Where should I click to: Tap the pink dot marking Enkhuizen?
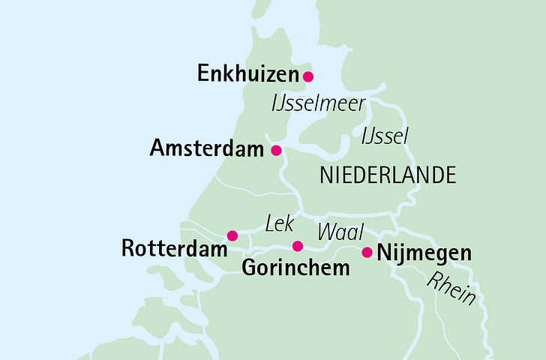[307, 76]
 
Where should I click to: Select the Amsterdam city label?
[206, 148]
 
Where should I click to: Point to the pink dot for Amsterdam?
[276, 149]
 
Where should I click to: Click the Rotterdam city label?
[173, 248]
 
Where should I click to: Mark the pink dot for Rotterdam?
[232, 235]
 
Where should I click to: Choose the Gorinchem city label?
[295, 268]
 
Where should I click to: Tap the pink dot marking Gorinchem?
[297, 246]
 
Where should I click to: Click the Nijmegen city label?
[424, 253]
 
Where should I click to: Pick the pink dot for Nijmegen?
[367, 252]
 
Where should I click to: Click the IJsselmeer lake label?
[318, 103]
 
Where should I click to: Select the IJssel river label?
[384, 136]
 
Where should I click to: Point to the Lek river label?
[278, 223]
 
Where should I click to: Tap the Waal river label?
[335, 231]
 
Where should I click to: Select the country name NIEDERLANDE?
[388, 175]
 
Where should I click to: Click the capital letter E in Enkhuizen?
[202, 73]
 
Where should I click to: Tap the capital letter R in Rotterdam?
[127, 248]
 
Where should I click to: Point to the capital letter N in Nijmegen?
[383, 252]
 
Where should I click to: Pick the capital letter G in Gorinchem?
[249, 267]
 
